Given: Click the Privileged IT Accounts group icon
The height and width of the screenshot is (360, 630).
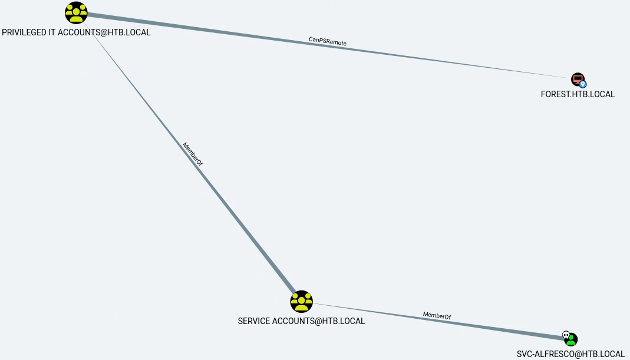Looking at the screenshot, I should [x=76, y=12].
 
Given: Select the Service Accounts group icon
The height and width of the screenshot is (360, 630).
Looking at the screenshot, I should [x=301, y=301].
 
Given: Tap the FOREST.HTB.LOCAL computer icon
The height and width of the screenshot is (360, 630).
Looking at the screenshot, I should [x=578, y=79].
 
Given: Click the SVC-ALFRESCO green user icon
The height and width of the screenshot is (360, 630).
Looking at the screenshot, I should [x=571, y=340].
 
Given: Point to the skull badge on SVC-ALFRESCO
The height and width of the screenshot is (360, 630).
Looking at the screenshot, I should [x=566, y=335].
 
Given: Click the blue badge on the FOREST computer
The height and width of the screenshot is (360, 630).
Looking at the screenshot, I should [x=583, y=84].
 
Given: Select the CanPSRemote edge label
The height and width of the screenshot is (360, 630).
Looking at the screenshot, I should [x=328, y=41].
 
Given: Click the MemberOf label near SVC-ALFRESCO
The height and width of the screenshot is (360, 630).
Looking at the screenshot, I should [x=437, y=316].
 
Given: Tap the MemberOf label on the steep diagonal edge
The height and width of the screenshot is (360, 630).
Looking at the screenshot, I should [x=192, y=154].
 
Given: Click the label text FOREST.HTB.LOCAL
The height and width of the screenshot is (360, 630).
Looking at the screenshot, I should [x=578, y=94].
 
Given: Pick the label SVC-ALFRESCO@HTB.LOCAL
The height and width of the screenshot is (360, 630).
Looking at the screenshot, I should [x=570, y=354].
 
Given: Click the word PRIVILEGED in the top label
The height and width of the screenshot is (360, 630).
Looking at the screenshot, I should [x=25, y=32].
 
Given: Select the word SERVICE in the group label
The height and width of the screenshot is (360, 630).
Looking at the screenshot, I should [x=253, y=321].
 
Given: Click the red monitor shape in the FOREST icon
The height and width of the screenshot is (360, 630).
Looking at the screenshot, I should [x=577, y=78].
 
